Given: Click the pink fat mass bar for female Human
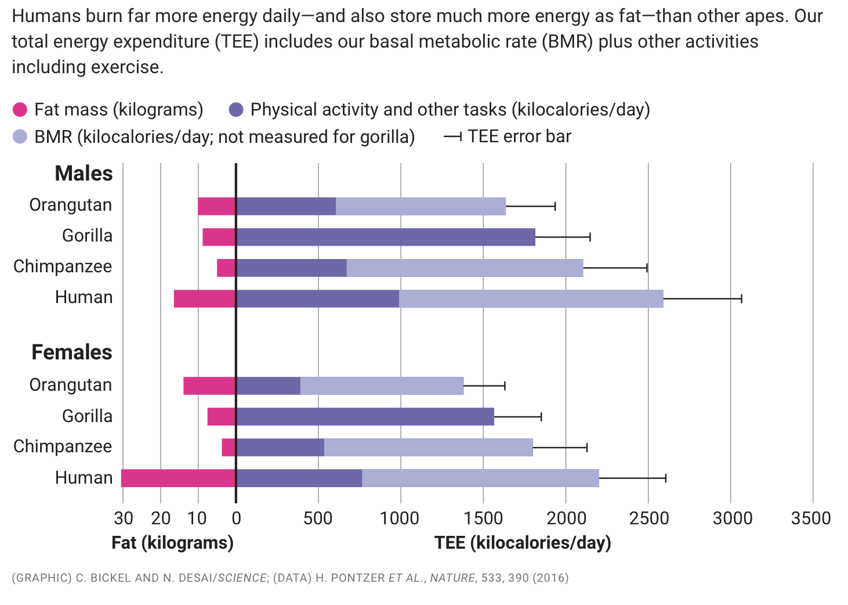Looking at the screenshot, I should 179,478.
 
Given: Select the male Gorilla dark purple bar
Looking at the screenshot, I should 386,237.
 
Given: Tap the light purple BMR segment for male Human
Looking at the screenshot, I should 531,298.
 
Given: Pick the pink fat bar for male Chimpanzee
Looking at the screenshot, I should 226,268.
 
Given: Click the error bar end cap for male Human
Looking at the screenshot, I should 741,298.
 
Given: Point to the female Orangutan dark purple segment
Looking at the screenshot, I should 268,386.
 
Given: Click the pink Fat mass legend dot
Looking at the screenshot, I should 20,110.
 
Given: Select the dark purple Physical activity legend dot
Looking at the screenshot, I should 236,110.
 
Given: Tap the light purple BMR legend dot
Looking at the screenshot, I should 20,137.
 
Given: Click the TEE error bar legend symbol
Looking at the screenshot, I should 452,137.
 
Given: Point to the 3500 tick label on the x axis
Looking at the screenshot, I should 811,518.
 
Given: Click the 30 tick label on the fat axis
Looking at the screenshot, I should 123,518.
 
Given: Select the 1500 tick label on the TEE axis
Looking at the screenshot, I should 483,518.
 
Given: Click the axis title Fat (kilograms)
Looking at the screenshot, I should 172,543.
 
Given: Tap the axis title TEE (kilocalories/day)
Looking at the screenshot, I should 523,543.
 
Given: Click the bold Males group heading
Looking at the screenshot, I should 84,174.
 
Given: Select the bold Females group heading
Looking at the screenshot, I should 72,352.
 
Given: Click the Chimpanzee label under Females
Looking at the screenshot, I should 63,446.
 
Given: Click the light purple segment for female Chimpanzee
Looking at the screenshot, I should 428,447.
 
